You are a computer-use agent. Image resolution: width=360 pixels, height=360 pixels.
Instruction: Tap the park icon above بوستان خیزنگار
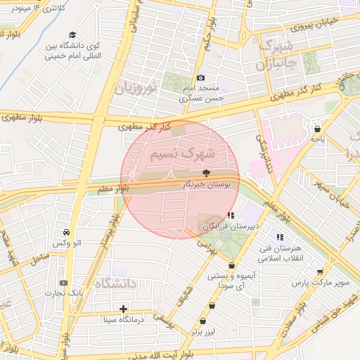click(x=206, y=172)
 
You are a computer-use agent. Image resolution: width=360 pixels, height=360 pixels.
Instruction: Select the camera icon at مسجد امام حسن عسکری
click(x=201, y=77)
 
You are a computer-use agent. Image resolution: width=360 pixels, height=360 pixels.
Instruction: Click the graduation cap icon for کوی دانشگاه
click(x=72, y=34)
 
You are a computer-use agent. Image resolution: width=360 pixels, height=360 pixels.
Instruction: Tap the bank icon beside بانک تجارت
click(x=64, y=283)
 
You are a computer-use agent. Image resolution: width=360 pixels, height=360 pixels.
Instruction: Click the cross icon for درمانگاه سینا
click(x=124, y=308)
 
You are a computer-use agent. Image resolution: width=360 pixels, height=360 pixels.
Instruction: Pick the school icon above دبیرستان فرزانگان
click(x=231, y=215)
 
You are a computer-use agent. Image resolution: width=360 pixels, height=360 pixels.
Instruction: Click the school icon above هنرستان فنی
click(x=280, y=238)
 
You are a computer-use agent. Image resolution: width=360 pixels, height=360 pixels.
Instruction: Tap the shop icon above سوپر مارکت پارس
click(x=321, y=271)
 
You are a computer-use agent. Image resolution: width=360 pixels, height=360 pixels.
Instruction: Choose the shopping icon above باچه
click(x=318, y=129)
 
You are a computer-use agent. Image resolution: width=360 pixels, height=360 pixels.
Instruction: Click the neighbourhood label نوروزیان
click(x=134, y=89)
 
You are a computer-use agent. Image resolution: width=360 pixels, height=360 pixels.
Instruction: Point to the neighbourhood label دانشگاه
click(x=112, y=285)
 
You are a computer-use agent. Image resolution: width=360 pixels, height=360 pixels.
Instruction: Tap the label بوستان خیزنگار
click(x=205, y=184)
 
